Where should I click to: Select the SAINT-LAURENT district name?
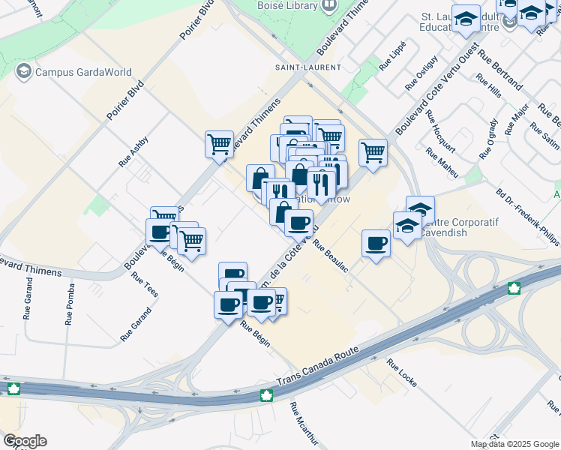coord(310,67)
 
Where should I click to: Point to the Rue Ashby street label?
coord(133,151)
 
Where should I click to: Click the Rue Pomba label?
coord(70,303)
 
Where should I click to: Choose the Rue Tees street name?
coord(145,285)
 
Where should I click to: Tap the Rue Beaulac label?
coord(331,256)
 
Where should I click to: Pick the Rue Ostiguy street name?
coord(421,73)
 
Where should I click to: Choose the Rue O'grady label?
coord(488,138)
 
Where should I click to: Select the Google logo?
coord(25,440)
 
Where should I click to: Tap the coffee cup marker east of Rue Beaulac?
coord(376,242)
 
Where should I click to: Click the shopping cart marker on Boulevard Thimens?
coord(219,143)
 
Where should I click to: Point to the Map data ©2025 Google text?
coord(514,444)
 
